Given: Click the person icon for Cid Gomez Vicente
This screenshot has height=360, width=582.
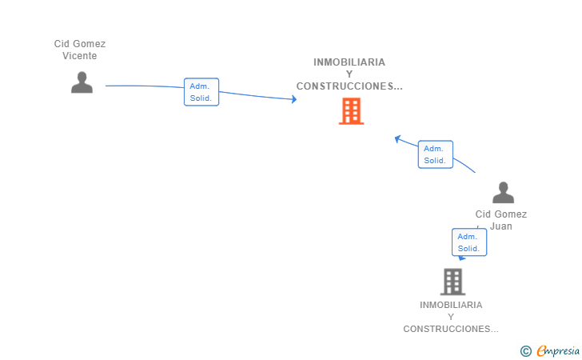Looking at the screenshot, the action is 82,82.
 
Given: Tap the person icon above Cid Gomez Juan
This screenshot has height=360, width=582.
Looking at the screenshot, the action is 503,193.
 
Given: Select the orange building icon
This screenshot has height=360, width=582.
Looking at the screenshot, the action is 351,111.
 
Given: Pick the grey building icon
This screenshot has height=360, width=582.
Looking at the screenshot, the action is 452,282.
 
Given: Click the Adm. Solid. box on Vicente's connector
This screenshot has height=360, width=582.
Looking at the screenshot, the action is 201,92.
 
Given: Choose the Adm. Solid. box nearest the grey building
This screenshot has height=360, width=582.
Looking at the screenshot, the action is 469,242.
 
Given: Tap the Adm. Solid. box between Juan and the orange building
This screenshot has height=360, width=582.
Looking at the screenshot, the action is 436,154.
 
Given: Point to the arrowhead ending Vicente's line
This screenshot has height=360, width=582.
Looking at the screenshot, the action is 294,99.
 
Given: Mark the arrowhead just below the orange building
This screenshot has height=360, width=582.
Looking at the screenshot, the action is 397,139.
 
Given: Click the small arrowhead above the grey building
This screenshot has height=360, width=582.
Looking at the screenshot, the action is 462,258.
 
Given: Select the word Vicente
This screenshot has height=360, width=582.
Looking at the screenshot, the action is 79,56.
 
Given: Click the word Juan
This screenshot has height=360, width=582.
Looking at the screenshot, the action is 501,226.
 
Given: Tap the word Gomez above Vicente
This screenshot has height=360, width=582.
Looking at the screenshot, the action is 89,44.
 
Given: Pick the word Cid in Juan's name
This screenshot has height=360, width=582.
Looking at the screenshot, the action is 483,214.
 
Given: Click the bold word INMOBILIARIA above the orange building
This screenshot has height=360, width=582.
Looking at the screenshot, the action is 349,62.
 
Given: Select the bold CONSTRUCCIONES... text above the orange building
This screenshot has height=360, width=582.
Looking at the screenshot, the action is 349,86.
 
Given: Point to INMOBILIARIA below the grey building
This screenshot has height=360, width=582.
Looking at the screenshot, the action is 451,305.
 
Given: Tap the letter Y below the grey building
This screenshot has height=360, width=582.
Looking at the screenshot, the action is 451,317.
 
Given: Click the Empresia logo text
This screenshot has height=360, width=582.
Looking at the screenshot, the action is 558,350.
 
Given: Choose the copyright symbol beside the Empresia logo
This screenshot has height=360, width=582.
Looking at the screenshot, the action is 525,351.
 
